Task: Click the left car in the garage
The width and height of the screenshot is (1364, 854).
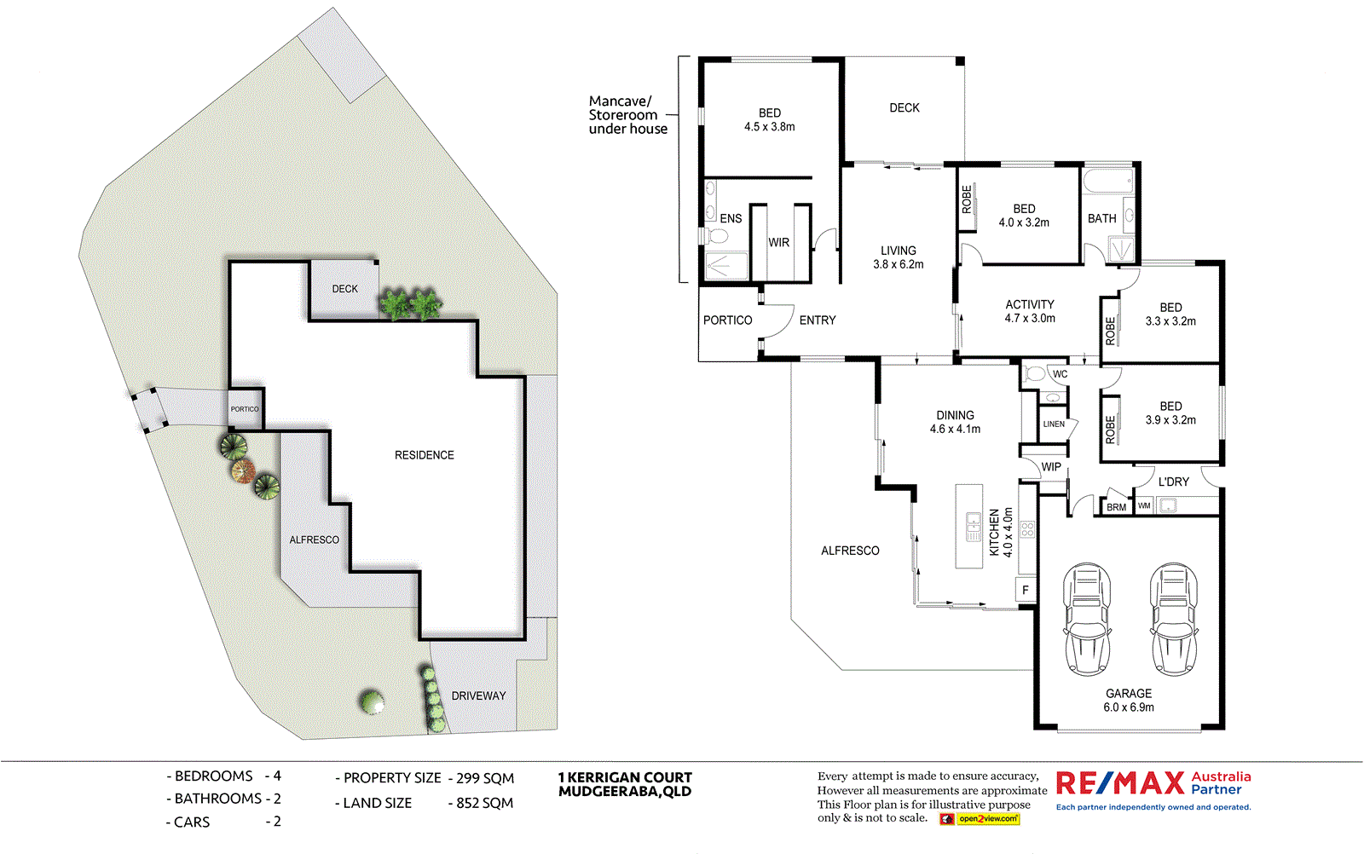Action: pos(1087,618)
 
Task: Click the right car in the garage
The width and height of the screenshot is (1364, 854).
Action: pos(1174,618)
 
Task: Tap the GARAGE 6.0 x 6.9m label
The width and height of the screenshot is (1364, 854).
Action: pos(1129,701)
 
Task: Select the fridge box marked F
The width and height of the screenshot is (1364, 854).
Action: pos(1026,590)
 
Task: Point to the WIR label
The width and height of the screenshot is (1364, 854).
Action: pos(779,243)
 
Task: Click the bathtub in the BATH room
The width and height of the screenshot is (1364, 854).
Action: pos(1107,181)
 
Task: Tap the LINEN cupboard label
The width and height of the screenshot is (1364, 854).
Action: pos(1054,424)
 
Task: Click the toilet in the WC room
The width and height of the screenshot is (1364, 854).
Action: pos(1035,374)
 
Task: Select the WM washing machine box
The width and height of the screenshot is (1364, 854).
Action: pos(1144,505)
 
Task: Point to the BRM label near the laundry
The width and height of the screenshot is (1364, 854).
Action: pos(1116,507)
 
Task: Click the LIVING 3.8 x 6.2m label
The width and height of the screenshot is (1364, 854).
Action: pos(899,257)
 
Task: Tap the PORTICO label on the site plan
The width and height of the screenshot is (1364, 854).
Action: pos(245,409)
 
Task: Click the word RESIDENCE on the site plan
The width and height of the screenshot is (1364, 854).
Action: pos(424,455)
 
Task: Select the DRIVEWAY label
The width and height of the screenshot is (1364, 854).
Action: pos(478,695)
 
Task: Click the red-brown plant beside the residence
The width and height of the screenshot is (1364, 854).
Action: pos(242,470)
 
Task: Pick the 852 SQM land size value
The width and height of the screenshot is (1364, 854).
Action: pos(484,803)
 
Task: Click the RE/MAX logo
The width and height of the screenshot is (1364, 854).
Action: pos(1120,782)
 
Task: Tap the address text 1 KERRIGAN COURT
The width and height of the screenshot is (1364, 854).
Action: pos(625,777)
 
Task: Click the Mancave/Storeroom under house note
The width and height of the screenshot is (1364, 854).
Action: pos(627,115)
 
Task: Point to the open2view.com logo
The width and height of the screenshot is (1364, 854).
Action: pos(987,819)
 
